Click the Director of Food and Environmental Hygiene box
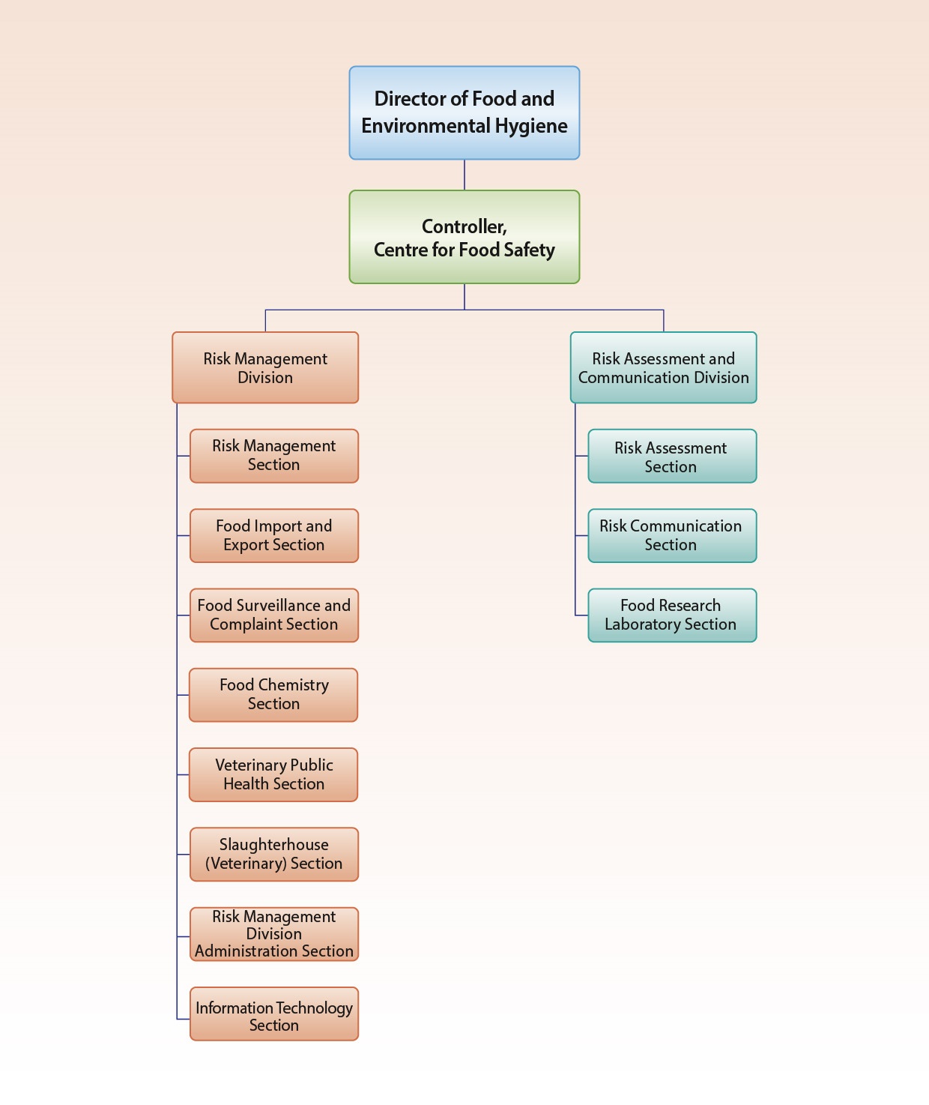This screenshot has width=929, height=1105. click(x=464, y=112)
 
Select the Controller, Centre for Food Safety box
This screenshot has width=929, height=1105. click(x=464, y=237)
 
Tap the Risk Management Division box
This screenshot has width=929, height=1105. click(x=265, y=367)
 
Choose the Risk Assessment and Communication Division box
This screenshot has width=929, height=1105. click(x=663, y=367)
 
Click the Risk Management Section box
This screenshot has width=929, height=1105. click(x=273, y=456)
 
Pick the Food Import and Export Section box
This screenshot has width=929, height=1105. click(x=273, y=535)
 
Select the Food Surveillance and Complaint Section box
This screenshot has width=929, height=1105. click(x=273, y=615)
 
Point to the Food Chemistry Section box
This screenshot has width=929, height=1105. click(x=273, y=695)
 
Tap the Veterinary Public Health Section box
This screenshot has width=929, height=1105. click(x=273, y=774)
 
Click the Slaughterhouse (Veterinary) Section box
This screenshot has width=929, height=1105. click(x=273, y=854)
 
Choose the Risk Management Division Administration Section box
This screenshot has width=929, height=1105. click(x=273, y=934)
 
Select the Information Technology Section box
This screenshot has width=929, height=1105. click(x=273, y=1014)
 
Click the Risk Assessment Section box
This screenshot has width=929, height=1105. click(x=672, y=456)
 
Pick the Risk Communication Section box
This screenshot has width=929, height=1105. click(x=672, y=535)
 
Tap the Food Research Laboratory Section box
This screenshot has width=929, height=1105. click(x=672, y=615)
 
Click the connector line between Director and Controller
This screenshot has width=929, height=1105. click(x=464, y=175)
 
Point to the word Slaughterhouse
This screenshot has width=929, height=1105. click(x=273, y=845)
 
